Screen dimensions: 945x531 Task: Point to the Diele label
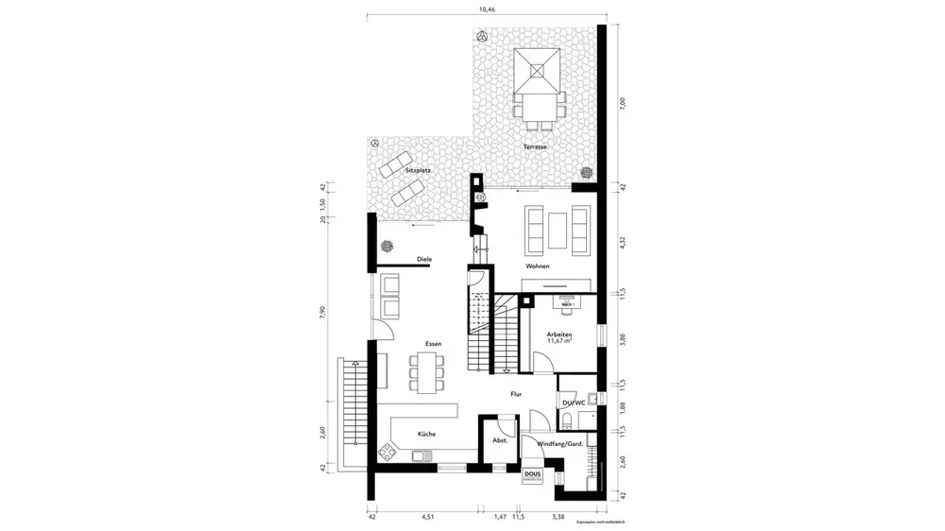pos(411,258)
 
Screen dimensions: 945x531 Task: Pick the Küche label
pos(426,434)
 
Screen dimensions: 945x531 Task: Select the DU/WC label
pos(574,403)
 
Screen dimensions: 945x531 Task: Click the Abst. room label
pos(501,439)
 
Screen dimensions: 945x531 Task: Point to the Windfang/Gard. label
pos(558,443)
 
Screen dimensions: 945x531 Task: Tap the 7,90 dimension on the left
pos(323,312)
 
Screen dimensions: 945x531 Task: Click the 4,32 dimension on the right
pos(622,242)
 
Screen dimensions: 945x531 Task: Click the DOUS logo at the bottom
pos(532,475)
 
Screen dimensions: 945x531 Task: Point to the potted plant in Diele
pos(387,246)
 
